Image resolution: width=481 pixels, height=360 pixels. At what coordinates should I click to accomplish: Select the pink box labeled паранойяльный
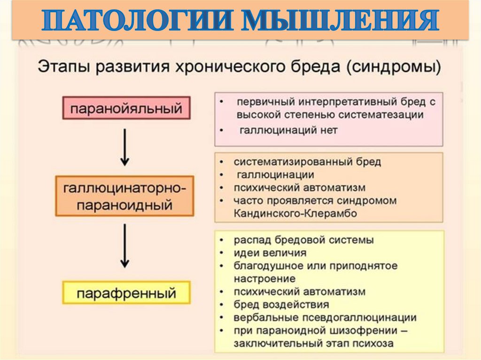coord(126,109)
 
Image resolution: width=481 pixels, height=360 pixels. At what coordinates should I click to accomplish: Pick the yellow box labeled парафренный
coord(126,293)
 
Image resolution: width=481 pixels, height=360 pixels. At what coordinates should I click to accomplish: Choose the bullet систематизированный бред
coord(307,161)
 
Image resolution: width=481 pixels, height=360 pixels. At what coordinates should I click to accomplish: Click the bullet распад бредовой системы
coord(303,240)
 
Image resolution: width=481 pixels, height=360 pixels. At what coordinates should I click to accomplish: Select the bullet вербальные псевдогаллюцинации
coord(325,317)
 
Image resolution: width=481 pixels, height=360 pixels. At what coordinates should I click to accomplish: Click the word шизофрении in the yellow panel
coord(362,330)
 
